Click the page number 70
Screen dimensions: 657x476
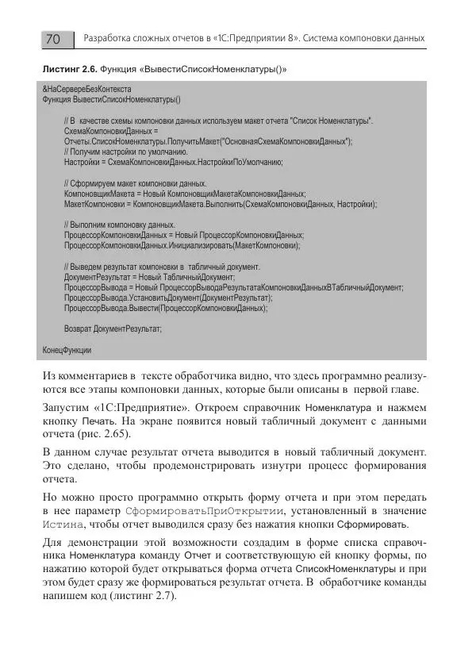click(x=53, y=39)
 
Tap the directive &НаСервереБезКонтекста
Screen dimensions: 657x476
click(x=86, y=90)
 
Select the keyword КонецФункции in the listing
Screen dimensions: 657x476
click(x=67, y=350)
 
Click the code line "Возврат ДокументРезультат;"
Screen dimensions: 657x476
click(x=113, y=328)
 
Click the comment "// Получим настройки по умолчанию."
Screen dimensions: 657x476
click(x=125, y=151)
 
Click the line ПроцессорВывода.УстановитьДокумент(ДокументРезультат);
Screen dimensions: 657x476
click(x=168, y=297)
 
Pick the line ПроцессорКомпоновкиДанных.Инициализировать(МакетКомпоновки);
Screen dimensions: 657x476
click(x=182, y=246)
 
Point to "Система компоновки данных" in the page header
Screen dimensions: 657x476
click(x=364, y=39)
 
